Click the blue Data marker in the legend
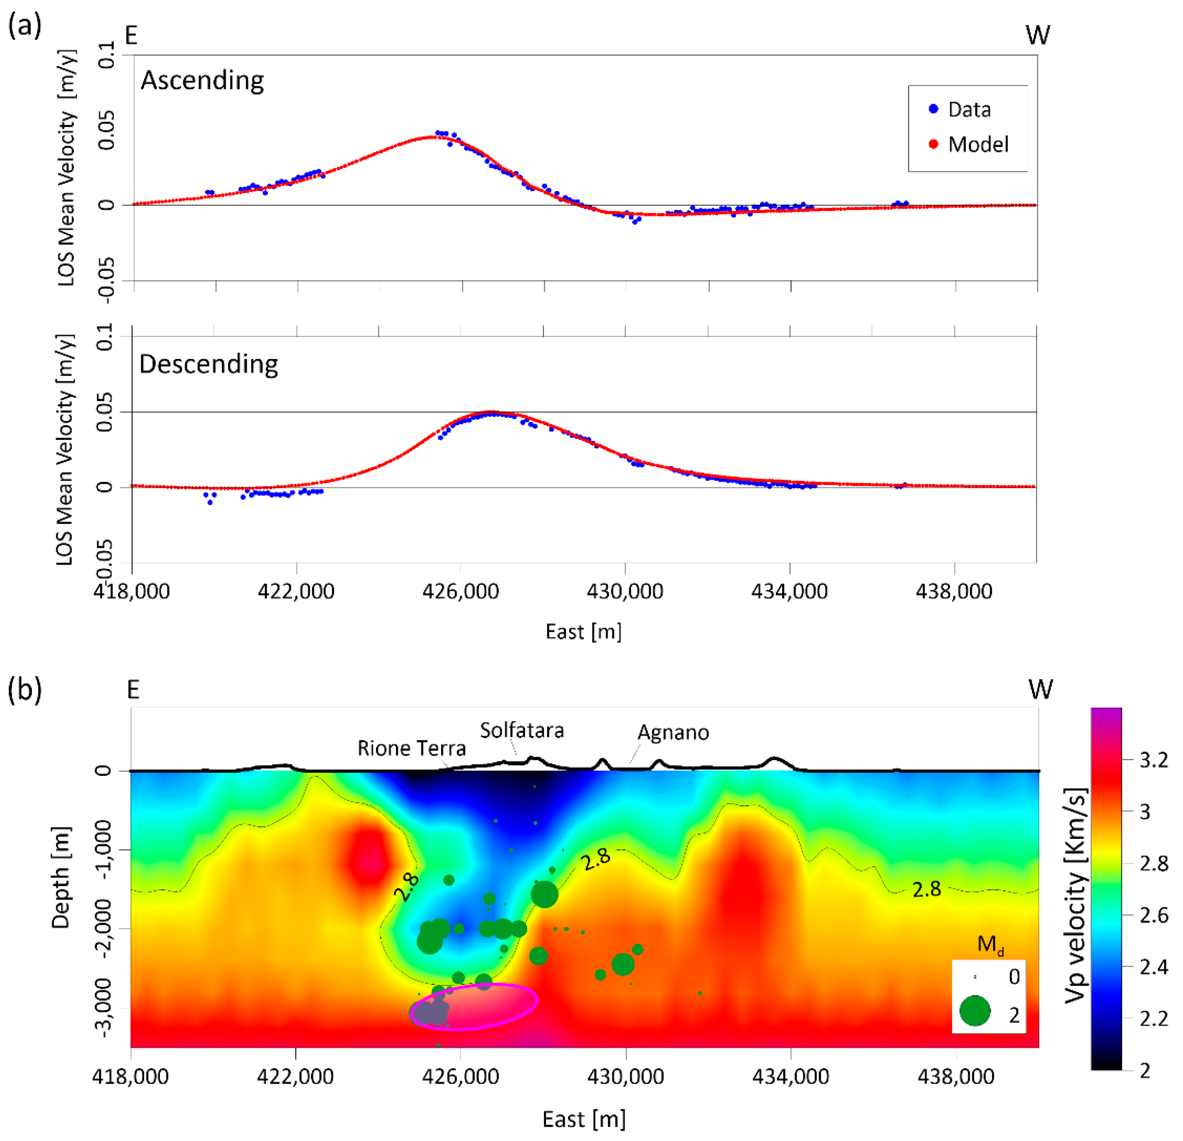coord(933,109)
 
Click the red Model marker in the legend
coord(933,144)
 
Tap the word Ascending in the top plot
coord(202,80)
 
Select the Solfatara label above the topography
coord(521,731)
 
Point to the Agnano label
coord(673,732)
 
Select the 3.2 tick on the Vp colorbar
coord(1153,760)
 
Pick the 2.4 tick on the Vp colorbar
coord(1153,968)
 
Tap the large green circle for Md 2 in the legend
coord(975,1011)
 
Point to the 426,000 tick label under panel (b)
coord(461,1076)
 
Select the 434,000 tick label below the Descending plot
coord(789,591)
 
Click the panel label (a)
coord(25,27)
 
